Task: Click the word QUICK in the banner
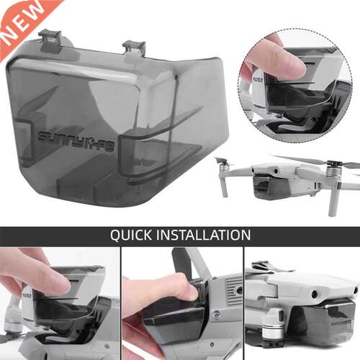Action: pyautogui.click(x=133, y=235)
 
